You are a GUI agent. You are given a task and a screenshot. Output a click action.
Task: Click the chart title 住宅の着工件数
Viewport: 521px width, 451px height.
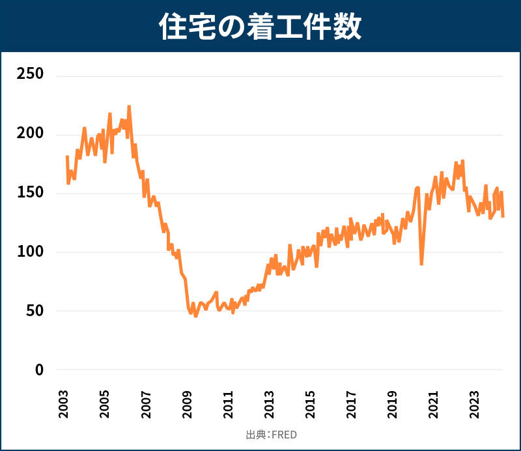coord(260,27)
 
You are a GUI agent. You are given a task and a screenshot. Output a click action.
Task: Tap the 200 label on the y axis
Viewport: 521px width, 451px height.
coord(30,134)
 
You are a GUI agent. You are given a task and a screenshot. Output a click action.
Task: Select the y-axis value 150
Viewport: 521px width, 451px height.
coord(30,193)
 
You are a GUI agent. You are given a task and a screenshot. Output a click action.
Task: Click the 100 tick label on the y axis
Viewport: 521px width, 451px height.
coord(30,252)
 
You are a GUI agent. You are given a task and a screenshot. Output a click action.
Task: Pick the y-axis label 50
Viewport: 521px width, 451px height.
coord(34,311)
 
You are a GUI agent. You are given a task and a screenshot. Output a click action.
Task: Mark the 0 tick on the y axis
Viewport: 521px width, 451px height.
coord(38,370)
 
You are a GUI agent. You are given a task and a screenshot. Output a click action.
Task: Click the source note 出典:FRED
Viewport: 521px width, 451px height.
coord(266,435)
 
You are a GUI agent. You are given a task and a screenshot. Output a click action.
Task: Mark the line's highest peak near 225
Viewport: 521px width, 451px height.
coord(129,106)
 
